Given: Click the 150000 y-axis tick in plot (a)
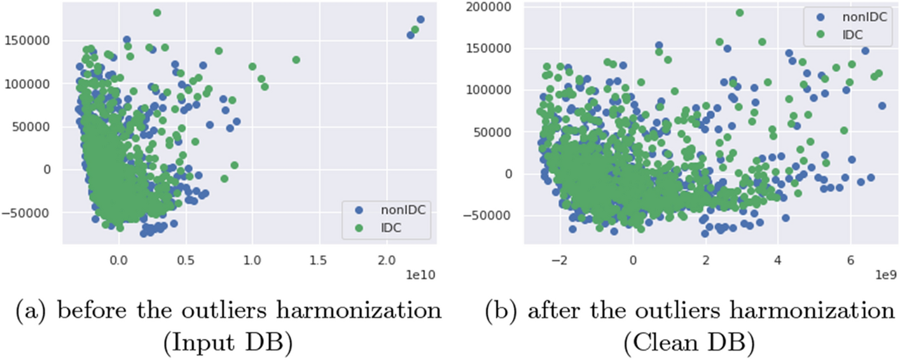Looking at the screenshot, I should click(x=30, y=41).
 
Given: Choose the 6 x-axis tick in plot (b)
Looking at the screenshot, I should click(x=850, y=260).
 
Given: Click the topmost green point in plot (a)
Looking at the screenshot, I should click(x=157, y=13).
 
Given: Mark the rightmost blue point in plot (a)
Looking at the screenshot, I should click(x=420, y=20).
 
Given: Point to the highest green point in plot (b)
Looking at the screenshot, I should click(x=740, y=13).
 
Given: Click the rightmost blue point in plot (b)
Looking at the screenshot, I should click(x=882, y=106).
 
